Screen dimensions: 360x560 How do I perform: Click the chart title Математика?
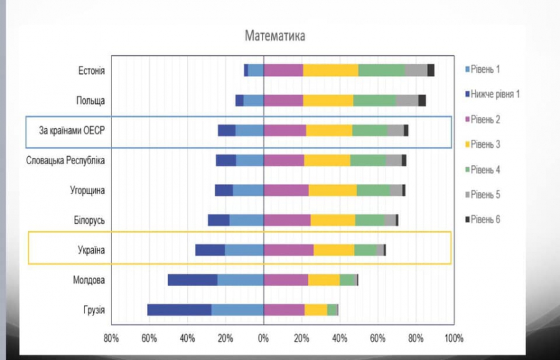(275, 35)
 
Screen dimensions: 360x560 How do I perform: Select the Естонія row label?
(91, 71)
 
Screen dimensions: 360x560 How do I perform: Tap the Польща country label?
(91, 101)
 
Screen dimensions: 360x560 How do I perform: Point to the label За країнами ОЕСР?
(77, 131)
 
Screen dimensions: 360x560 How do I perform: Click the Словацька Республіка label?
(65, 160)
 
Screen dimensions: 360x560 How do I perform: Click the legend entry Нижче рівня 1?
(495, 94)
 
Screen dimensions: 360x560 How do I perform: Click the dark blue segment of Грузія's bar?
(179, 310)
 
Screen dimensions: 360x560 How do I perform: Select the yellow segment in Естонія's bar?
(330, 70)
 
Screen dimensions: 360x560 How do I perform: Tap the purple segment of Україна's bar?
(289, 250)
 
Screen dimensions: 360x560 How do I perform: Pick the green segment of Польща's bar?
(375, 100)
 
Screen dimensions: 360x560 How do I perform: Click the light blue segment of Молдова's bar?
(240, 280)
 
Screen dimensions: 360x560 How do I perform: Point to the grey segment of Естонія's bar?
(416, 70)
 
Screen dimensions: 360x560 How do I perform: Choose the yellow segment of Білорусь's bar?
(333, 220)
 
